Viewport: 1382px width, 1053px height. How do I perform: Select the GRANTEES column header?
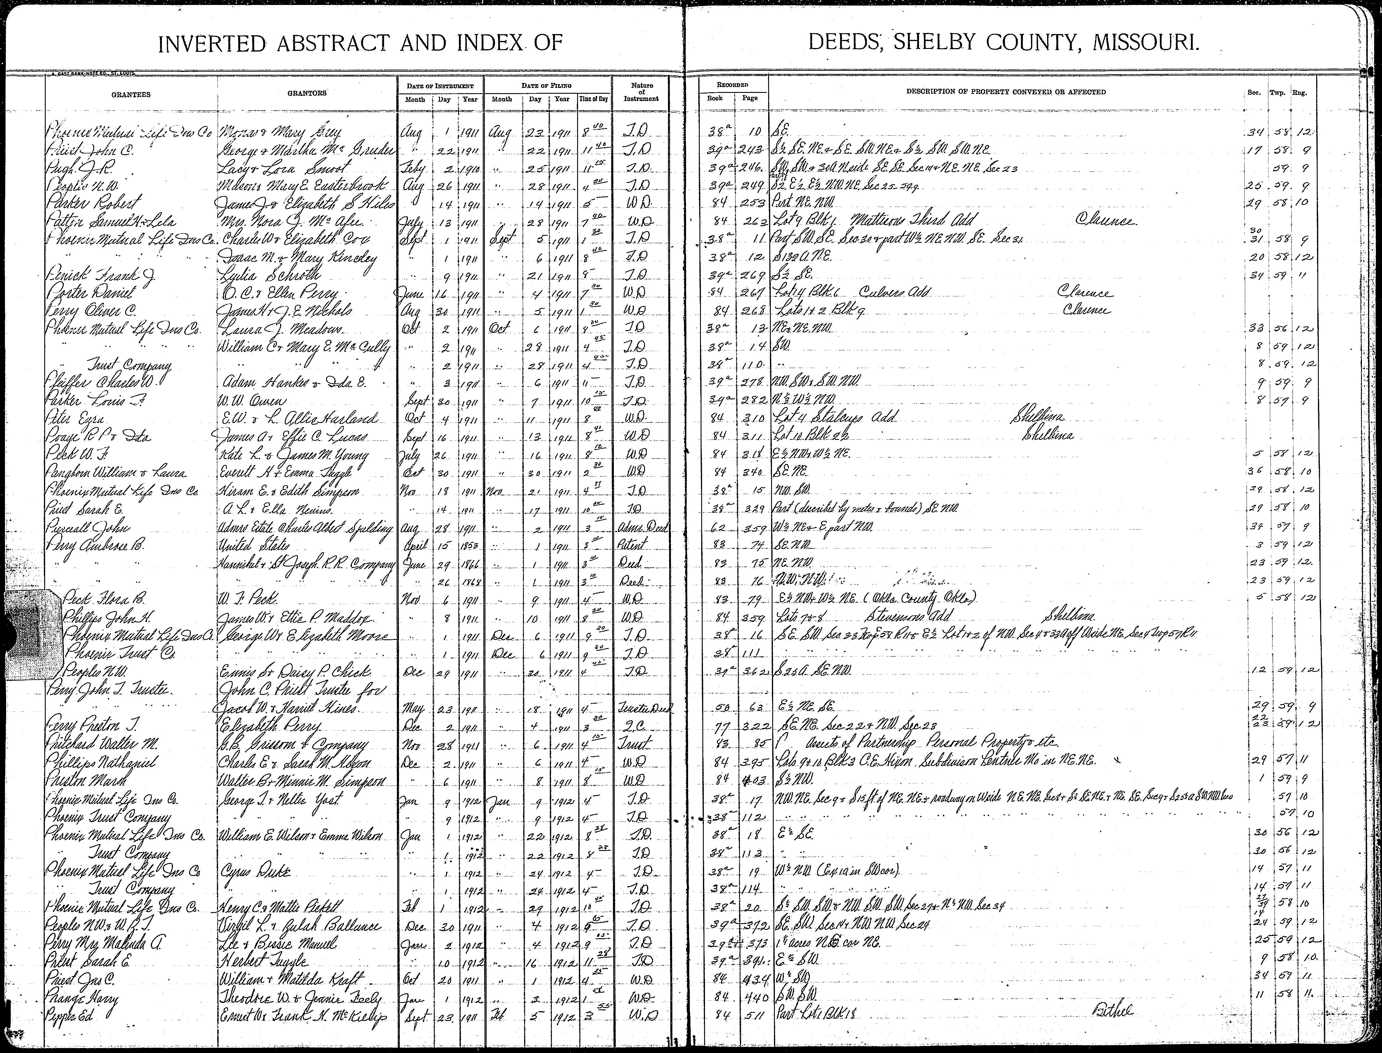click(x=131, y=95)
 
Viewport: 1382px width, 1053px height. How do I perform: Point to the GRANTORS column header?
click(x=307, y=93)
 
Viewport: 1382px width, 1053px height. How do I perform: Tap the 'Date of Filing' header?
click(x=546, y=85)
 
